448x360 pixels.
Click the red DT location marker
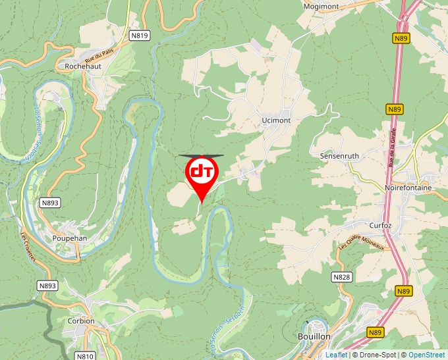[202, 173]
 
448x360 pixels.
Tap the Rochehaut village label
[82, 66]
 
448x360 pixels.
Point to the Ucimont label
[275, 120]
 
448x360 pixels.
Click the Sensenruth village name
[339, 156]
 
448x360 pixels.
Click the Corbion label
[81, 321]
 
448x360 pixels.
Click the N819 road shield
[139, 36]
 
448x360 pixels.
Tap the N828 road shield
[341, 277]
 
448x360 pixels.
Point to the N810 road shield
[84, 356]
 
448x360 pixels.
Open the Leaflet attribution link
[336, 355]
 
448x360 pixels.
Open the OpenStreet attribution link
[426, 355]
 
